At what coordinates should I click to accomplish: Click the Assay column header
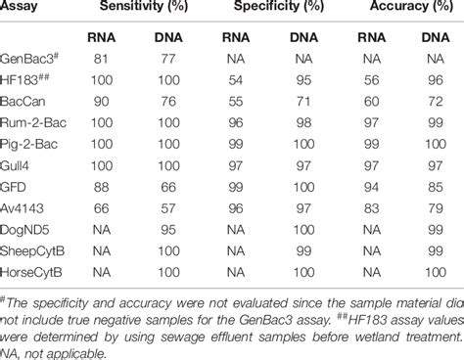(25, 11)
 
